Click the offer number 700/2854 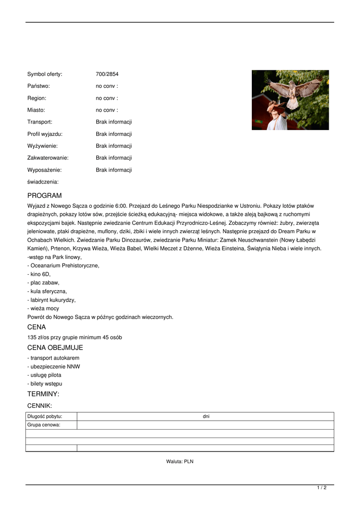tap(107, 74)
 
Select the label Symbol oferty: tap(45, 74)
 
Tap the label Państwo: tap(38, 86)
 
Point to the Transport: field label tap(40, 122)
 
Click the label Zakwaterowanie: tap(48, 158)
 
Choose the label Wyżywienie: tap(42, 146)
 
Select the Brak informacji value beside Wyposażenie tap(114, 170)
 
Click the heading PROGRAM tap(45, 195)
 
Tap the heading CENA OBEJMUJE tap(55, 348)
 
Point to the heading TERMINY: tap(43, 394)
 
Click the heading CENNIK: tap(40, 406)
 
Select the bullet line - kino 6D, tap(39, 274)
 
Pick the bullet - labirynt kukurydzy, tap(52, 300)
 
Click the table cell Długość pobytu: tap(45, 417)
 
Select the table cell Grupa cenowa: tap(44, 425)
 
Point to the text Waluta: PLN tap(180, 461)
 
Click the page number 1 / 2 tap(322, 488)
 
